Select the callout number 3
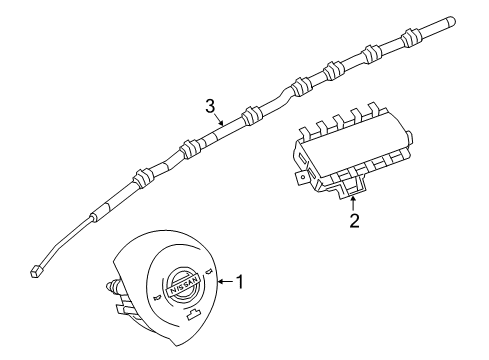click(210, 105)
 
